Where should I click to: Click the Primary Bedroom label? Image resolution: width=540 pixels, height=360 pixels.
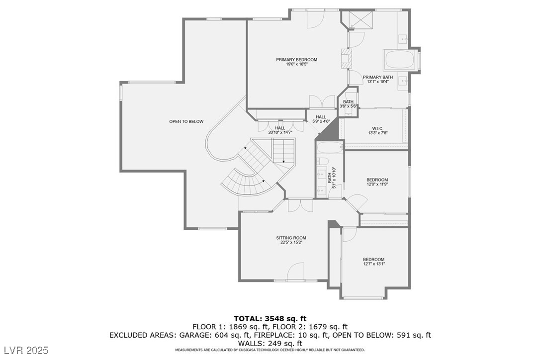[x=296, y=62]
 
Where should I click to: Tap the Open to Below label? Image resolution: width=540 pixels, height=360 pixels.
[x=186, y=122]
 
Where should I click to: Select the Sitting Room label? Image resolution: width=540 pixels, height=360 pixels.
[x=291, y=240]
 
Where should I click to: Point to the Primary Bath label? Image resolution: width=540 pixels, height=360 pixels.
[x=378, y=80]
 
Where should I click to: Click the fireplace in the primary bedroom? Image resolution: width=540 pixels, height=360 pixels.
[x=345, y=59]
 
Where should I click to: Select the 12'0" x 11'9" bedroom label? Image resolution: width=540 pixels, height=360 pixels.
[x=377, y=182]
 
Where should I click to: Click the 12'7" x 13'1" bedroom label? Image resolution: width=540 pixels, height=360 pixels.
[x=373, y=262]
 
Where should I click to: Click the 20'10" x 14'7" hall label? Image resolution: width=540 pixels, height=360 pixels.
[x=280, y=130]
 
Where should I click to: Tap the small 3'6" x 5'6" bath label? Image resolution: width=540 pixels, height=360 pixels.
[x=348, y=104]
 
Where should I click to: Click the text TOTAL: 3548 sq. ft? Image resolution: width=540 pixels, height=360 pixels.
[x=270, y=318]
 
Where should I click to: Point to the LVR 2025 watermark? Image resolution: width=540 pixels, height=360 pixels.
[x=26, y=351]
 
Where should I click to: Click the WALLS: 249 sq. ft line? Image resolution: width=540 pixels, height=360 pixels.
[x=270, y=343]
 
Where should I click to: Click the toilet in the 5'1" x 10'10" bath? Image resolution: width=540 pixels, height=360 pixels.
[x=323, y=161]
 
